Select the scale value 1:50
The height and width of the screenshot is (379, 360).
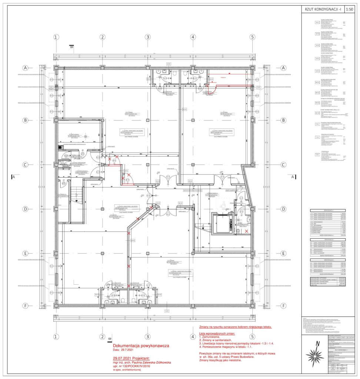pyautogui.click(x=349, y=10)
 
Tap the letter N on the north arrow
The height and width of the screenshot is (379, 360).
pyautogui.click(x=317, y=344)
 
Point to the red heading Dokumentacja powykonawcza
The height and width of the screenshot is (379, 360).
pyautogui.click(x=141, y=345)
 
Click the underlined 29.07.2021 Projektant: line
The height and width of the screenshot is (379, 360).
pyautogui.click(x=131, y=359)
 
